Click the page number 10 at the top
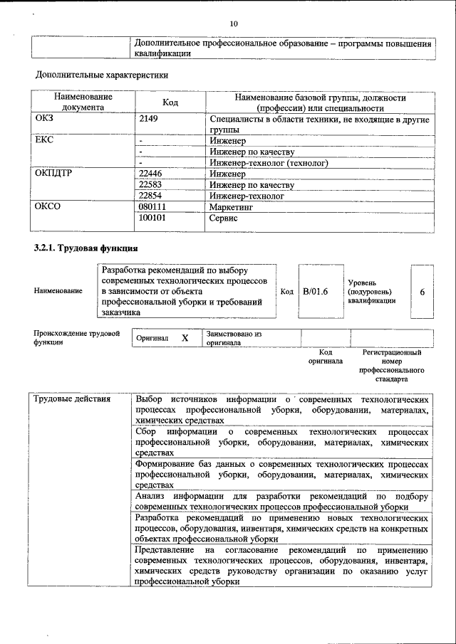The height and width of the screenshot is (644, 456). (x=233, y=24)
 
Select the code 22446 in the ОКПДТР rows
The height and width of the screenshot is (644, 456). (x=151, y=174)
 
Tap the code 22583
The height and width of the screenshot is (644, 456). (x=151, y=185)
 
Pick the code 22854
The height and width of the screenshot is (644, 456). (x=151, y=196)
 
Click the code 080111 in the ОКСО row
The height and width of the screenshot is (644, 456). (x=153, y=206)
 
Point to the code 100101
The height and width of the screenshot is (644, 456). (x=153, y=218)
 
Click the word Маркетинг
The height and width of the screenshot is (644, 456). (x=232, y=206)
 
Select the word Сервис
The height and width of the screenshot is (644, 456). (x=224, y=218)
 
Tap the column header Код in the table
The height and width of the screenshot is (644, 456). (x=170, y=102)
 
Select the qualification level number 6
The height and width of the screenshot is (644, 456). (x=422, y=292)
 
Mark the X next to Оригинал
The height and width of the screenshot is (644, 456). (x=185, y=338)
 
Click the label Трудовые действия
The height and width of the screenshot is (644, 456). (x=72, y=398)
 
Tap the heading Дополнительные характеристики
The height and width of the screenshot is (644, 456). (x=102, y=74)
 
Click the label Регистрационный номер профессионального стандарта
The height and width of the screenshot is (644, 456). (x=392, y=366)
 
